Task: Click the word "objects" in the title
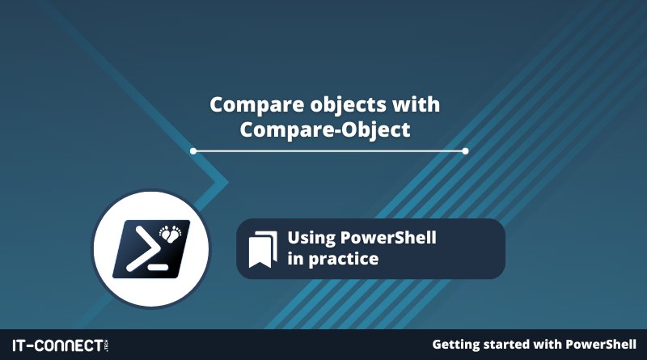[348, 105]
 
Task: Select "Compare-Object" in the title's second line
[325, 129]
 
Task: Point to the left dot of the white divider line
[193, 151]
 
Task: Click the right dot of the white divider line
[466, 151]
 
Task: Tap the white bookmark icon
[263, 250]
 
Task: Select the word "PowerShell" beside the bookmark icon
[388, 237]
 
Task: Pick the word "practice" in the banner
[343, 260]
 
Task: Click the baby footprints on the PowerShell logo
[171, 233]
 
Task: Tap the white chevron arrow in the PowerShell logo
[142, 249]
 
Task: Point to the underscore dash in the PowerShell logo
[158, 267]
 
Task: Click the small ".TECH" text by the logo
[107, 345]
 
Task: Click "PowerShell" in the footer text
[601, 344]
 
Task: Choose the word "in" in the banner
[295, 259]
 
